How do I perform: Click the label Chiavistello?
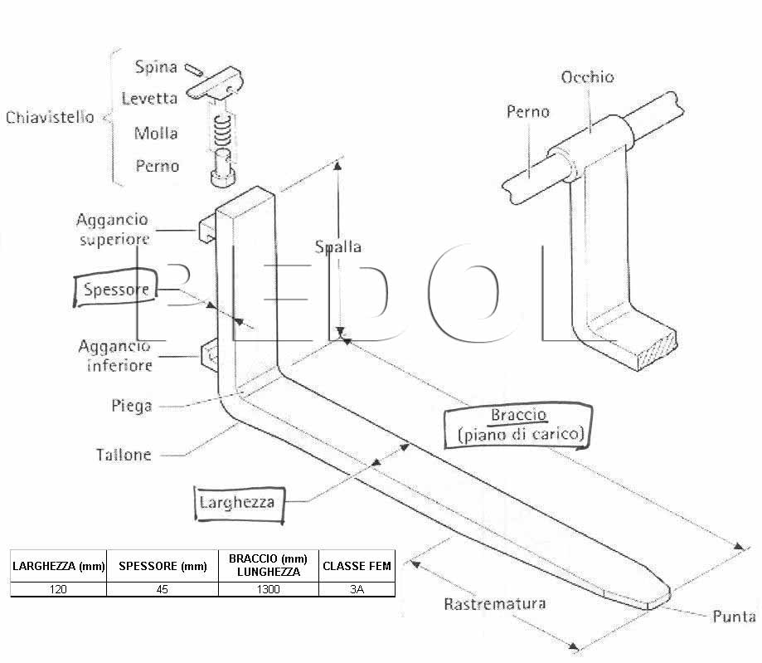(50, 117)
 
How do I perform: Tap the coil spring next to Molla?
(222, 131)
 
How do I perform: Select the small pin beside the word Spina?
(194, 70)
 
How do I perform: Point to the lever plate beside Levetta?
(215, 85)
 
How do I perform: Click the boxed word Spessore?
(115, 288)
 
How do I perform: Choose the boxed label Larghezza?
(239, 504)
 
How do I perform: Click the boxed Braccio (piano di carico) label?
(519, 425)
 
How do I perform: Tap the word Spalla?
(338, 247)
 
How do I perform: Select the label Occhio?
(588, 77)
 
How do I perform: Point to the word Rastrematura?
(495, 603)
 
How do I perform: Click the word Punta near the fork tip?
(734, 617)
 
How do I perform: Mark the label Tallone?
(124, 455)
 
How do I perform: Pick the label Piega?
(132, 406)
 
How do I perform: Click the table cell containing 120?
(58, 589)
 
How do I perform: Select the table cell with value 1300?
(269, 589)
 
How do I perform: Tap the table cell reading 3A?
(357, 589)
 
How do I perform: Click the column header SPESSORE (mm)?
(163, 566)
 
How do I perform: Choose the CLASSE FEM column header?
(357, 566)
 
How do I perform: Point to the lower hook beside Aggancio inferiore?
(210, 356)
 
